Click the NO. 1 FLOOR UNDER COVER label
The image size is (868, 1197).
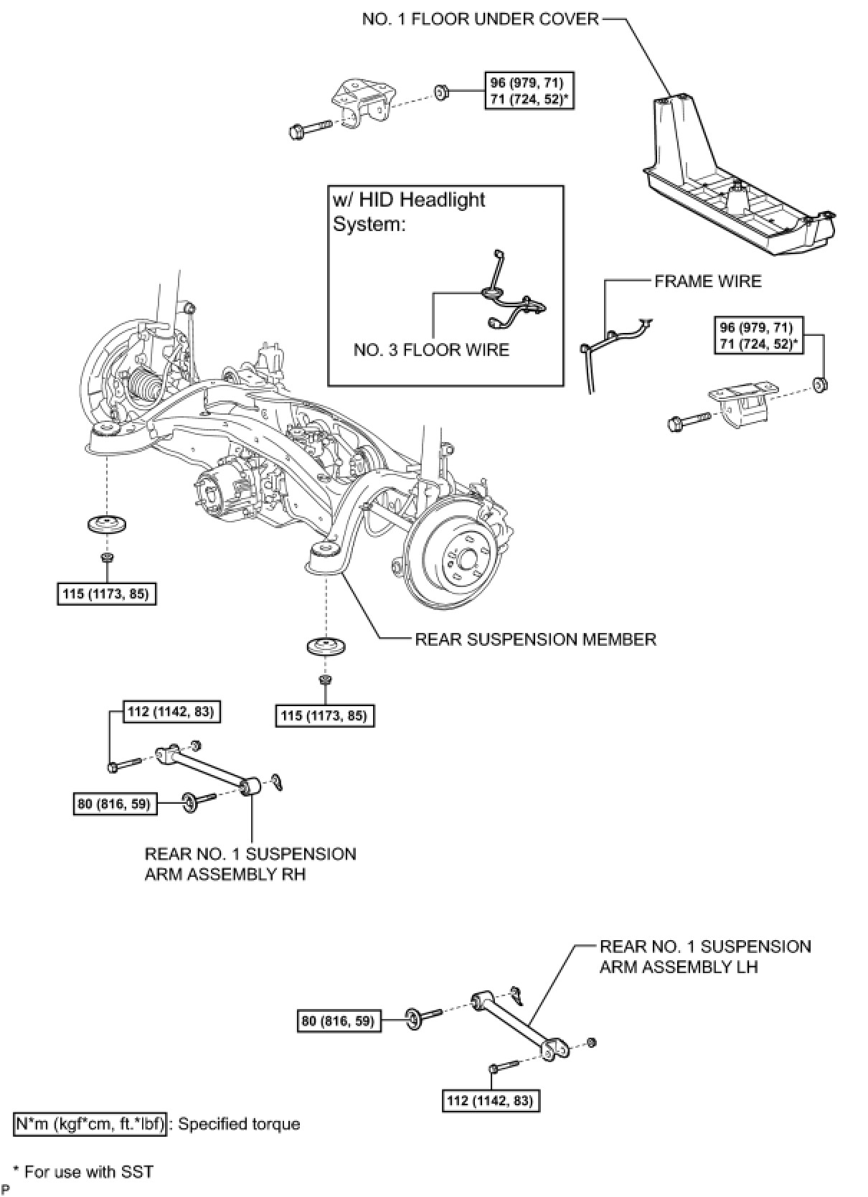click(480, 20)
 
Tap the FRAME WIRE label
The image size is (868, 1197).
click(708, 281)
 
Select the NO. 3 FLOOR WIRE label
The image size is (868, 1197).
click(431, 350)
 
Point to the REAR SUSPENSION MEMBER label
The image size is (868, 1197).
click(535, 639)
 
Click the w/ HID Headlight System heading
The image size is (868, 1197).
click(409, 212)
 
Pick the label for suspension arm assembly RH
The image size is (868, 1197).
click(250, 863)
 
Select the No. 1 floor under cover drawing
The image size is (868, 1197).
click(738, 174)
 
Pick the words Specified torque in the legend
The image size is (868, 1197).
click(239, 1125)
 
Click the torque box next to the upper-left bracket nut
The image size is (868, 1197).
click(529, 90)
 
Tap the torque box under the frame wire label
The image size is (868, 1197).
click(758, 336)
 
